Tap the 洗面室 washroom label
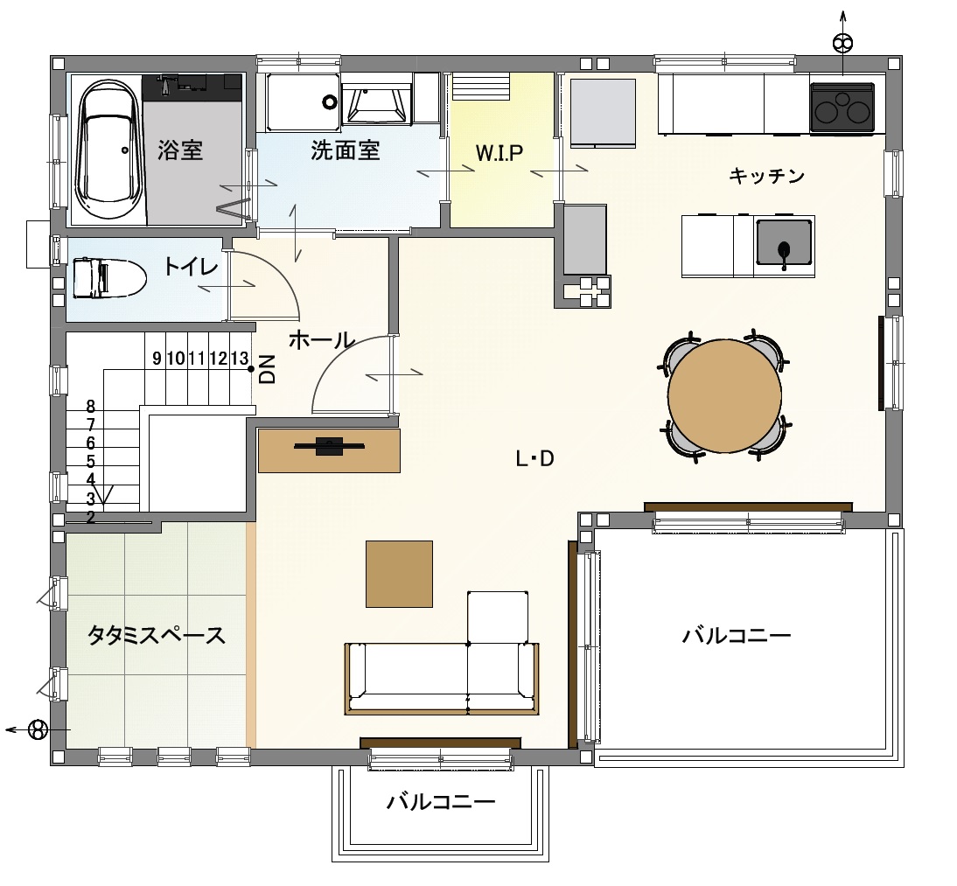345,150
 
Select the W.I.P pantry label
499,152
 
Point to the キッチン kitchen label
766,177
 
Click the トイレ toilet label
191,266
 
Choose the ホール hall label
322,340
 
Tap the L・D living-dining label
534,458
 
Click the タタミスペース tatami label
157,636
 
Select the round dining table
724,395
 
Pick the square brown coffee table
399,574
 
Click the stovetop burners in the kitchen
842,108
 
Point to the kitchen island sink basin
785,244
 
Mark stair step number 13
240,359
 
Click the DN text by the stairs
268,369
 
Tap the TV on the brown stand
330,447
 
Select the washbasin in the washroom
374,103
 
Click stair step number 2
90,518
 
